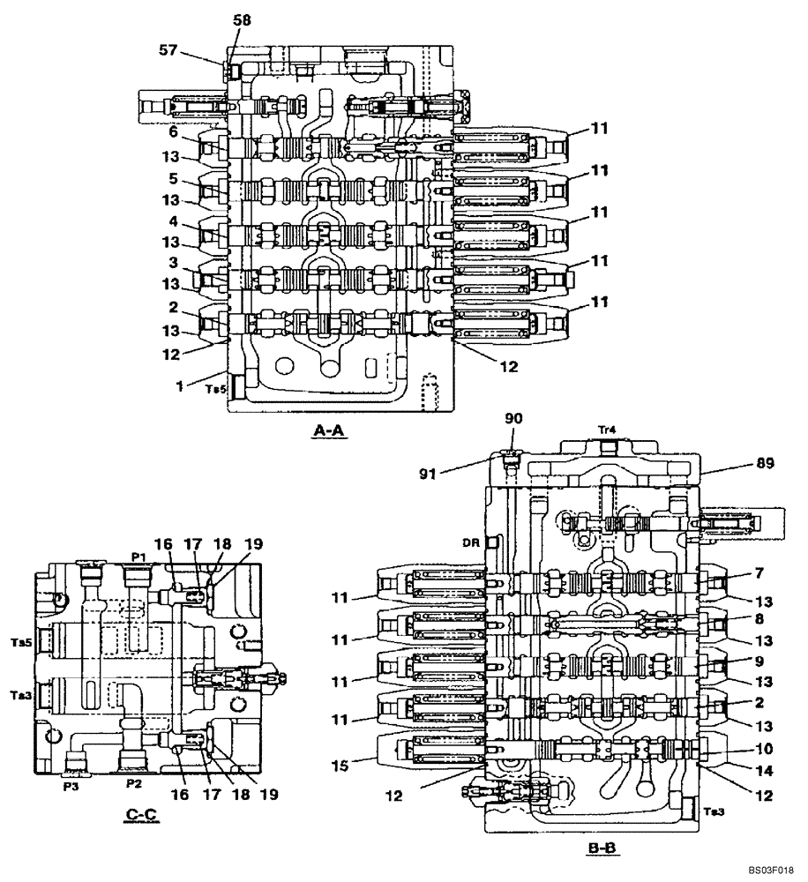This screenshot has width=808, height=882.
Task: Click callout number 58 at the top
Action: click(242, 19)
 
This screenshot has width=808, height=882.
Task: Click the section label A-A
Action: click(331, 431)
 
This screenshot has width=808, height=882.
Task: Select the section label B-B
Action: click(603, 848)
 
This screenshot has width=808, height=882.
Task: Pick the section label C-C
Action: click(141, 816)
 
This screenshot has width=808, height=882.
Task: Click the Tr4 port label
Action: click(606, 430)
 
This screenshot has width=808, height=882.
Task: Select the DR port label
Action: click(469, 543)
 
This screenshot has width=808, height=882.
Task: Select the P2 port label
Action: click(134, 782)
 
